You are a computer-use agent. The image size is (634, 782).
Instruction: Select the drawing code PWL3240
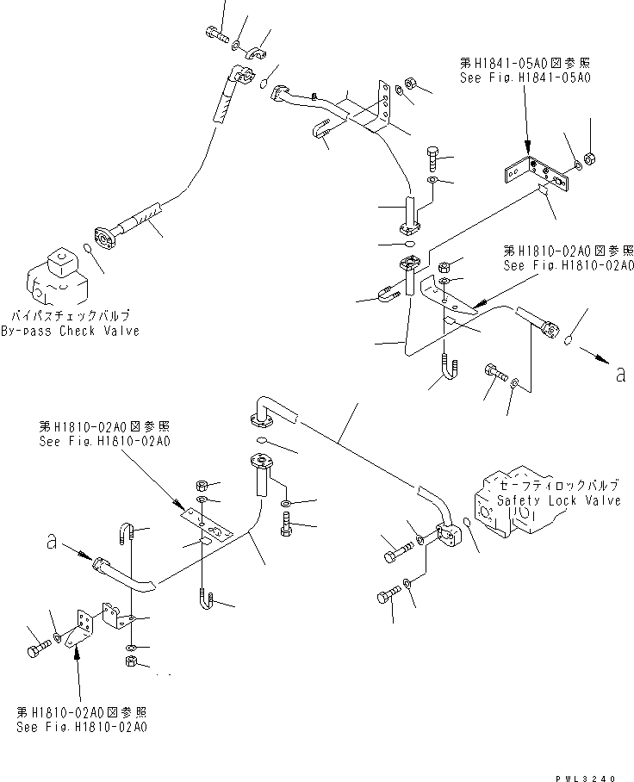click(587, 776)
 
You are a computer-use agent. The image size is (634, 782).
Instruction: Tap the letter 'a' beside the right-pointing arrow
click(621, 375)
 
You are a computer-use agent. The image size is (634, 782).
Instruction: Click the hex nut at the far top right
click(591, 158)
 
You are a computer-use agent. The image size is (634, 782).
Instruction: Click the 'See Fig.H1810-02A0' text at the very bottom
click(81, 728)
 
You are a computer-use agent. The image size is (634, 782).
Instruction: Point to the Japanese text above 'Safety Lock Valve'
click(562, 486)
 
